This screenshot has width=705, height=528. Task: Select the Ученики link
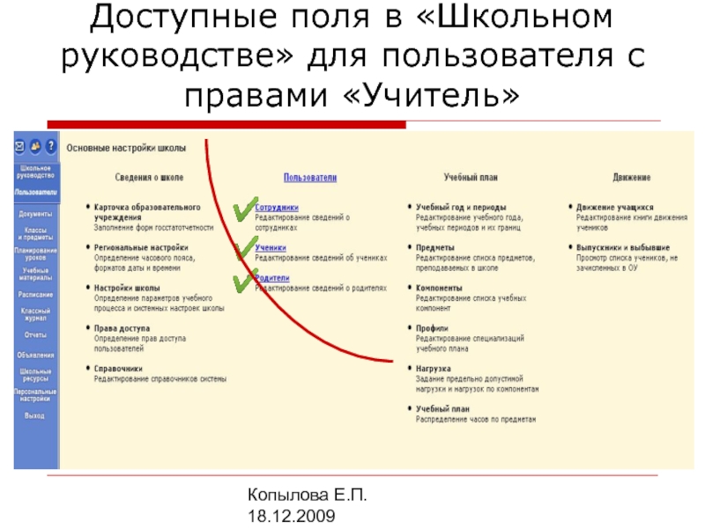click(268, 248)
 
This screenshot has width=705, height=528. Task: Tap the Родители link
click(271, 278)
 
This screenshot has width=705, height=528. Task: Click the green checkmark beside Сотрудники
click(243, 209)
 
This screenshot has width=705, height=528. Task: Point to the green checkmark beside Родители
click(242, 282)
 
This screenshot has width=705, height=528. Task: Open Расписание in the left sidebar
click(35, 295)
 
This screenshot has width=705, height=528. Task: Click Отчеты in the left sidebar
click(35, 335)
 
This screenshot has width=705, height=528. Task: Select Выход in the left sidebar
click(35, 414)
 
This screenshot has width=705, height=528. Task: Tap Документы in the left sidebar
click(35, 214)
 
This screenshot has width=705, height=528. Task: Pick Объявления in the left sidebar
click(35, 355)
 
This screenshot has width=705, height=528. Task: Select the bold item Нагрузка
click(434, 370)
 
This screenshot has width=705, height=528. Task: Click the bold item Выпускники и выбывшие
click(623, 248)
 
